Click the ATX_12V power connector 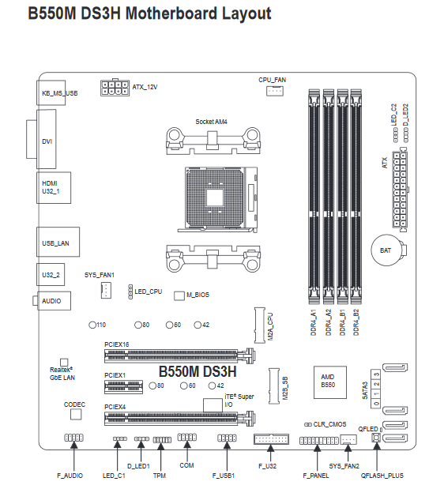[x=115, y=88]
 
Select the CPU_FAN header [x=275, y=91]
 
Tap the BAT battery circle [x=386, y=250]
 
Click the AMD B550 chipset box [x=330, y=382]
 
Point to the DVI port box [x=47, y=139]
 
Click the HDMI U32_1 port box [x=54, y=188]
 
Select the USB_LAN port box [x=58, y=242]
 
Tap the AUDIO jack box [x=55, y=301]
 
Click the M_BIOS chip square [x=179, y=296]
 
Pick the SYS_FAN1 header [x=106, y=291]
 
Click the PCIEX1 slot [x=123, y=387]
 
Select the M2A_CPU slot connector [x=260, y=325]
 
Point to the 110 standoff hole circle [x=92, y=325]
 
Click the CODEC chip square [x=76, y=415]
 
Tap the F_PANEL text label [x=316, y=476]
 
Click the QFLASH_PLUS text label [x=382, y=476]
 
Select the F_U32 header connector [x=271, y=439]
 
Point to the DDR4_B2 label [x=356, y=322]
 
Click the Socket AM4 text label [x=211, y=122]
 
